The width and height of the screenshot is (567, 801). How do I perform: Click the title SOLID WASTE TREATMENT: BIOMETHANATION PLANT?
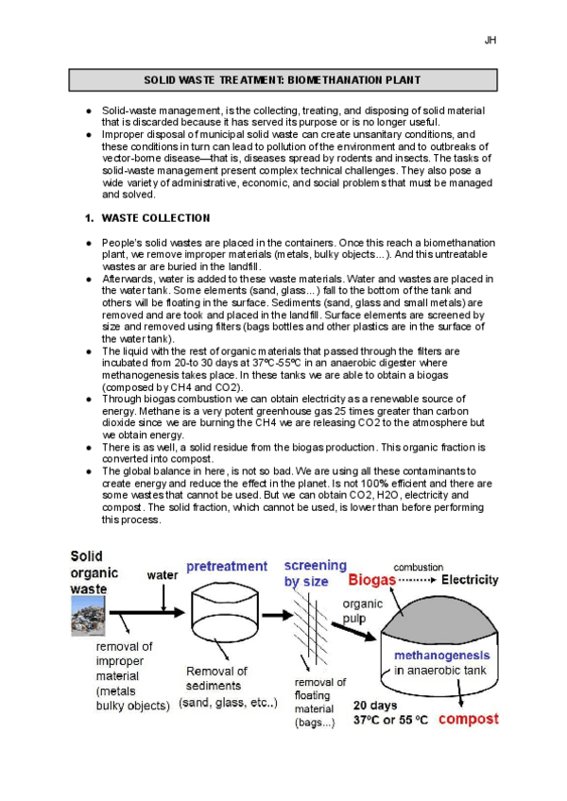pos(283,82)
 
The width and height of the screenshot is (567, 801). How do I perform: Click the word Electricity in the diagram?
pos(477,578)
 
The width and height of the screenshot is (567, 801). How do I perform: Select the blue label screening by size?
pos(316,573)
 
